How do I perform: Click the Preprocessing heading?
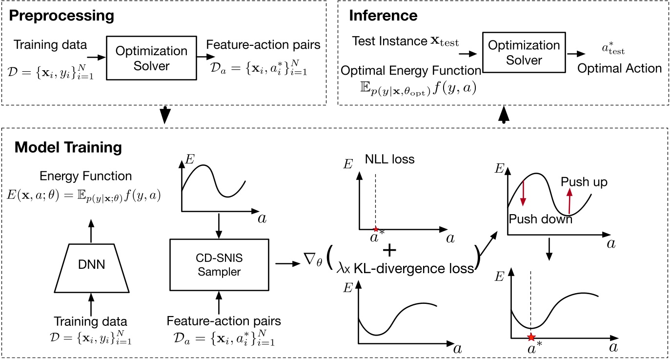[61, 15]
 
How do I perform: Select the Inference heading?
[383, 15]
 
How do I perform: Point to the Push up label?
[584, 182]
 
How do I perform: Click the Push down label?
[540, 219]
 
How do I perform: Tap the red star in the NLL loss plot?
[375, 229]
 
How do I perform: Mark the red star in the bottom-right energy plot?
[531, 337]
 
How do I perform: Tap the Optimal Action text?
[619, 68]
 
